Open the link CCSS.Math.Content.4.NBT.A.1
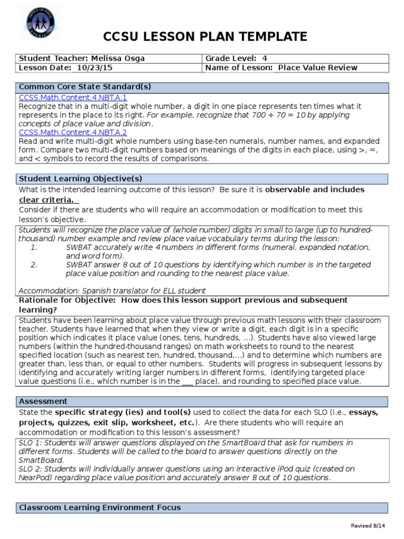73,97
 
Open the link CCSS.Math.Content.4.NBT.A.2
73,133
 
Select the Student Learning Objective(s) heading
80,179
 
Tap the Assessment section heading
43,401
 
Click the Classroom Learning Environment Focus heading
100,507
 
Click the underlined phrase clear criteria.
47,199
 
